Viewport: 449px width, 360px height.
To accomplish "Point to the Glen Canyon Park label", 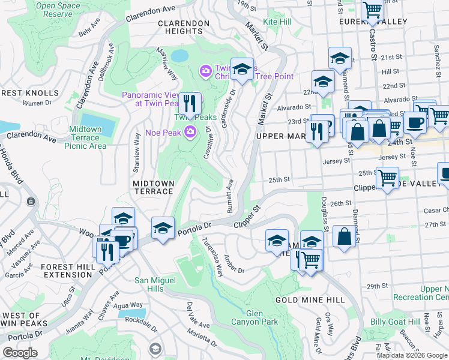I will pyautogui.click(x=262, y=317).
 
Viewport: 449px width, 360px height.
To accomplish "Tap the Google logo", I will pyautogui.click(x=20, y=353).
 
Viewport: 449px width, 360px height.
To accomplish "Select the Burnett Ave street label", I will pyautogui.click(x=230, y=195).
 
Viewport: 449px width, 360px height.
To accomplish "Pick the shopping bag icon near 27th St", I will pyautogui.click(x=345, y=236).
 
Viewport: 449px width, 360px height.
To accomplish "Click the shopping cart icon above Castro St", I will pyautogui.click(x=373, y=10).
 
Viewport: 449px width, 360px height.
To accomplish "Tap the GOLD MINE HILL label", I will pyautogui.click(x=310, y=299).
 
